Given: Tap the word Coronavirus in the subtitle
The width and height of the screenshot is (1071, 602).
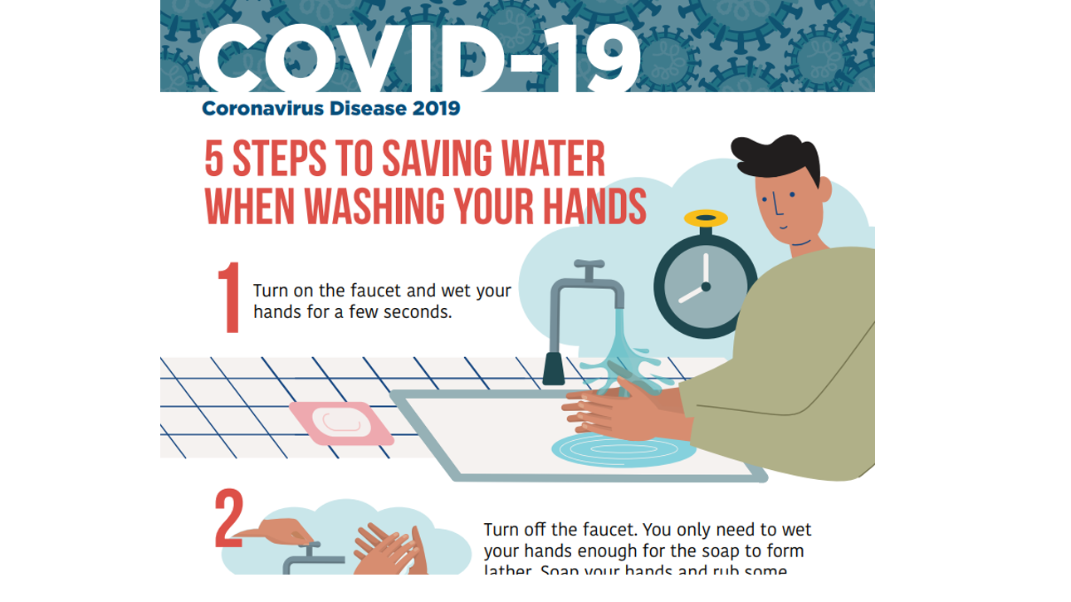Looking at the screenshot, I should tap(262, 108).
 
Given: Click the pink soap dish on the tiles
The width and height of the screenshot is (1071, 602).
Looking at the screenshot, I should tap(341, 421).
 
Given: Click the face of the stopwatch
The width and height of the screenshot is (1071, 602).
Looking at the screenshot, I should tap(705, 286).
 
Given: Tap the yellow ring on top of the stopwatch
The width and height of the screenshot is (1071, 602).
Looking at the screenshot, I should tap(706, 219).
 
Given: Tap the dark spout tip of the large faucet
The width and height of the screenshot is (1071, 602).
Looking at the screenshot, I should tap(553, 369).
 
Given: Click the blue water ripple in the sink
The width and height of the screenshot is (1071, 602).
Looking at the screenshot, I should tap(623, 449).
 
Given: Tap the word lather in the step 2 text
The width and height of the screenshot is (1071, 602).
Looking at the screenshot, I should tap(509, 570).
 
